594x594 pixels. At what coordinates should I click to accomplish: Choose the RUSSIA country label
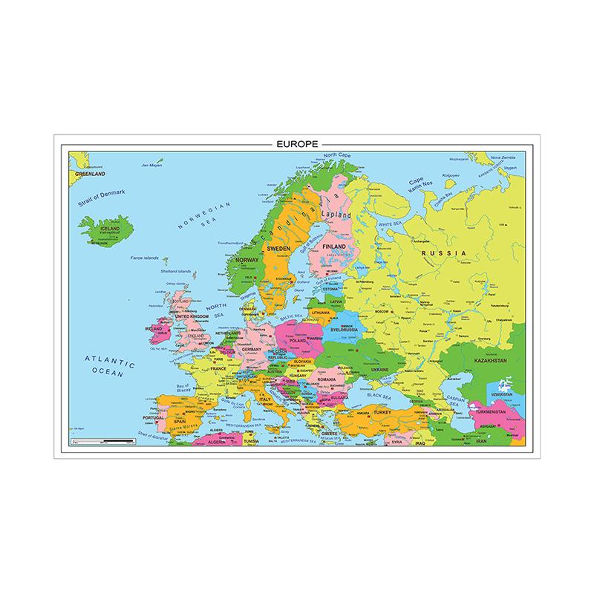tap(443, 255)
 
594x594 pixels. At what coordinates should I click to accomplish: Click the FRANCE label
tap(218, 368)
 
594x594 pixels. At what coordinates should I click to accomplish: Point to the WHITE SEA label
tap(389, 223)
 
